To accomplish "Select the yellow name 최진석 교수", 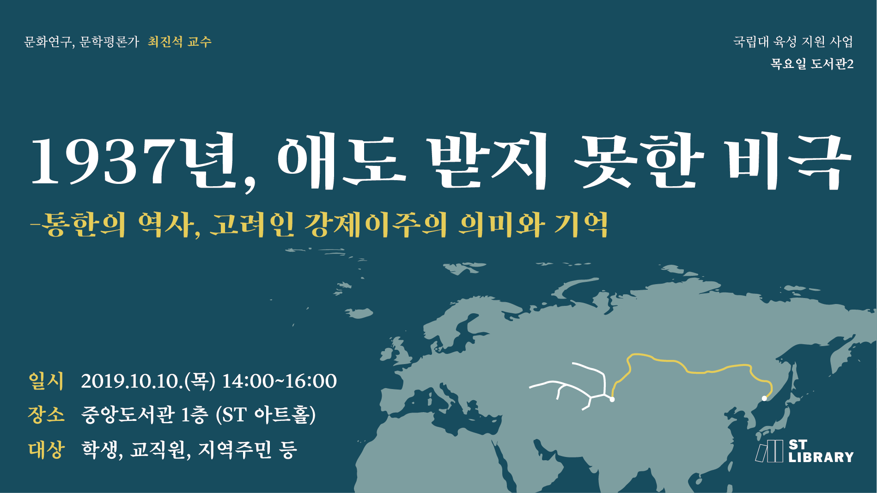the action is click(180, 42).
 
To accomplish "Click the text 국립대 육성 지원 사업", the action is click(793, 42).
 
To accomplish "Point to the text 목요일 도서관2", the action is click(812, 64).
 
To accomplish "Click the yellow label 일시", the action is click(46, 381).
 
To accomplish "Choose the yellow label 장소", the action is click(46, 414).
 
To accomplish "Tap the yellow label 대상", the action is click(46, 449).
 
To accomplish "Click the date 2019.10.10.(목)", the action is click(148, 382).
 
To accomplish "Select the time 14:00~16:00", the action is click(280, 382).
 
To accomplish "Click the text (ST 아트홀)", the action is click(266, 415).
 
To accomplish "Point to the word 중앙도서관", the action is click(128, 415).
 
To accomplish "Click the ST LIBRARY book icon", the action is click(770, 451).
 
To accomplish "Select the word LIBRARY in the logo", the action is click(821, 457).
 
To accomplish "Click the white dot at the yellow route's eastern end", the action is click(764, 398).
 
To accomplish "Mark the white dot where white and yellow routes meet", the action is click(612, 399).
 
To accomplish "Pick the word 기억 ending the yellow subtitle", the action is click(581, 225).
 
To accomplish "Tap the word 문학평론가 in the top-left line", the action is click(109, 42).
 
